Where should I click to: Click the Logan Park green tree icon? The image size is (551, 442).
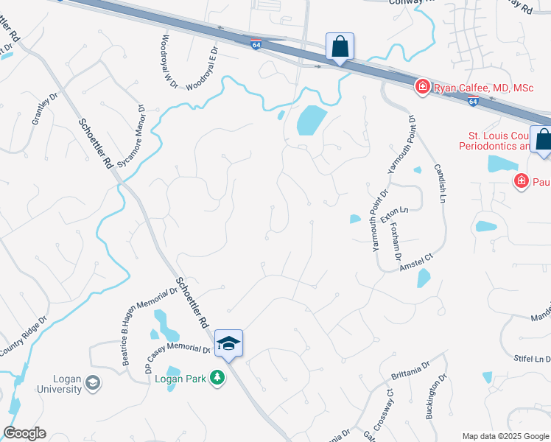click(217, 378)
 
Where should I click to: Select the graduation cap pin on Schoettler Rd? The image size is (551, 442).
click(228, 343)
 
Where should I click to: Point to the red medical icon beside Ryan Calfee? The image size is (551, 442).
click(423, 88)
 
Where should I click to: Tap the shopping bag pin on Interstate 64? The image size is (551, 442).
click(340, 46)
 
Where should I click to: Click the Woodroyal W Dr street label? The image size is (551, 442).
click(169, 61)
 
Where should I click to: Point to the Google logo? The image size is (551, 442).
click(24, 433)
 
